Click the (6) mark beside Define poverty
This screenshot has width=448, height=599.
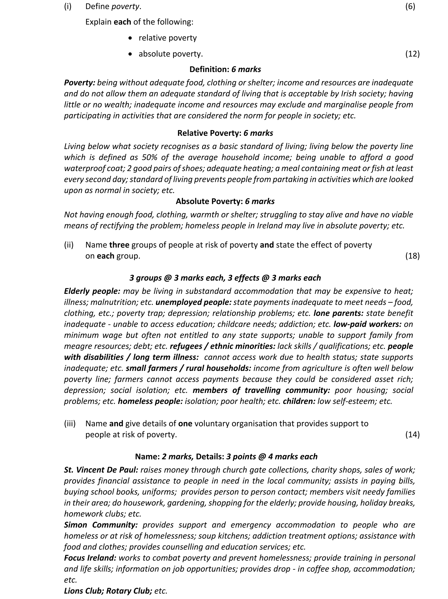coord(410,6)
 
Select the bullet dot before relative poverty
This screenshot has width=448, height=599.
coord(131,38)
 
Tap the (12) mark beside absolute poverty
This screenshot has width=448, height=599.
coord(412,54)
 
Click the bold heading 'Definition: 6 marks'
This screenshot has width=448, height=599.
coord(225,70)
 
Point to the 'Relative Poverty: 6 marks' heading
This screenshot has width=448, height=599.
coord(225,133)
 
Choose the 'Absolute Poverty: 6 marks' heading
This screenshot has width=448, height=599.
coord(225,201)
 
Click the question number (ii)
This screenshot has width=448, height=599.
coord(69,245)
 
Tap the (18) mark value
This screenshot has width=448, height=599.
coord(412,256)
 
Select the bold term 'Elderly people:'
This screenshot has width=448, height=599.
coord(92,291)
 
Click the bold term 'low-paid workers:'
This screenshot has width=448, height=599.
coord(367,324)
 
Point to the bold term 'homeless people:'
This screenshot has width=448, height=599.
coord(150,401)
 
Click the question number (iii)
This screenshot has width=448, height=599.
coord(70,424)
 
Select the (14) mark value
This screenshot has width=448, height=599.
coord(412,434)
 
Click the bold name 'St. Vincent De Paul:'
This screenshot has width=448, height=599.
coord(101,470)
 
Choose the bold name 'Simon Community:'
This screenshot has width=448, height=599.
coord(101,525)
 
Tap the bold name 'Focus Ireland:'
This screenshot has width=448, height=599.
coord(90,558)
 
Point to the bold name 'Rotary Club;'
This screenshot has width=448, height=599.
coord(129,591)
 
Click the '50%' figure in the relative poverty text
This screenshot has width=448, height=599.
coord(150,158)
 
